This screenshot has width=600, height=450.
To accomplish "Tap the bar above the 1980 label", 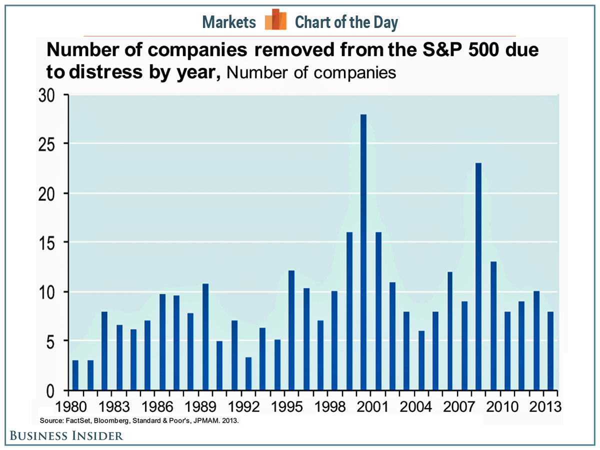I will (75, 375).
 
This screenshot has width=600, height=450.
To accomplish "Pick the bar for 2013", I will (550, 350).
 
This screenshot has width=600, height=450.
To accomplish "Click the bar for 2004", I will (421, 360).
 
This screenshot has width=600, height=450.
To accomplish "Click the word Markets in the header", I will (229, 22).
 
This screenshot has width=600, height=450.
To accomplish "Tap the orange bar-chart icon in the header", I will (275, 20).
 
